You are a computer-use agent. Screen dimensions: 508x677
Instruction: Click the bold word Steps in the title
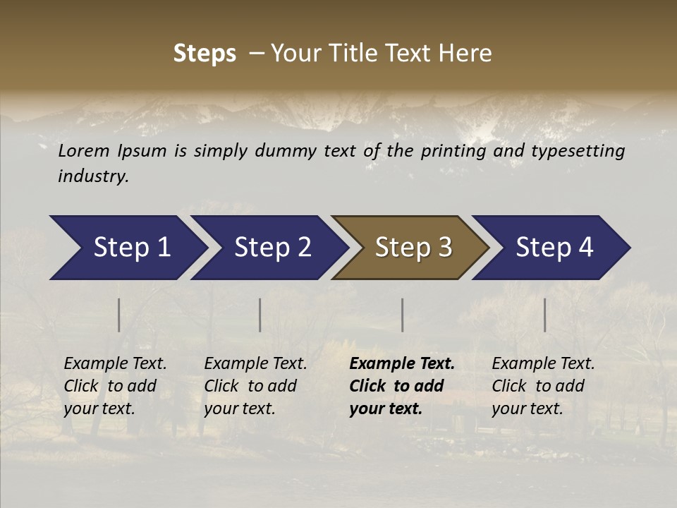(x=205, y=54)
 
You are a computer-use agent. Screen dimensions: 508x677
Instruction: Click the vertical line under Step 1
(x=118, y=315)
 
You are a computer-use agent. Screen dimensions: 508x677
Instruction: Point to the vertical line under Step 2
(x=260, y=315)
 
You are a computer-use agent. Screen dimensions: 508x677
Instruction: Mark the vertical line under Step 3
(x=402, y=315)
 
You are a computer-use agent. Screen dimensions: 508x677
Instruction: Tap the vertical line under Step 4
(x=544, y=315)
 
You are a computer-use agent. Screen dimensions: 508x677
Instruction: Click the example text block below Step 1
(x=115, y=386)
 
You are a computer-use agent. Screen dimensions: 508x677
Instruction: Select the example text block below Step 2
(x=255, y=386)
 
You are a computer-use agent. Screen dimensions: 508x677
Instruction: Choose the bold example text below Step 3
(x=402, y=386)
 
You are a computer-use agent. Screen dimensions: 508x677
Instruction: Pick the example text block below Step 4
(x=543, y=386)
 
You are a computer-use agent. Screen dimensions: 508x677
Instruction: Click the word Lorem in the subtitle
(x=84, y=151)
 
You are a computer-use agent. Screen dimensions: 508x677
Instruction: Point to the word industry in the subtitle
(x=93, y=176)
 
